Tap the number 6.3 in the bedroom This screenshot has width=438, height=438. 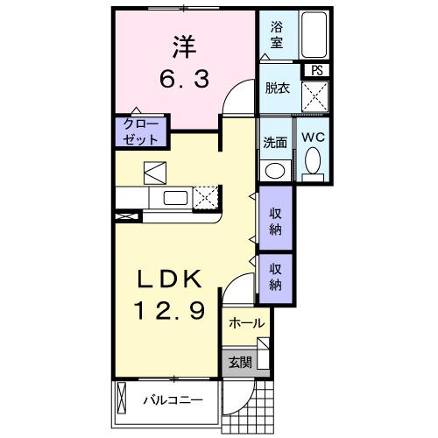click(x=184, y=81)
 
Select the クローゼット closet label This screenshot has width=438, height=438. click(x=140, y=132)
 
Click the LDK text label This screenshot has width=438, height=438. click(x=168, y=279)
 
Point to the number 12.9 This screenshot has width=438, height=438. click(x=168, y=309)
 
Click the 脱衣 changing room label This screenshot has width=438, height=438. click(x=278, y=88)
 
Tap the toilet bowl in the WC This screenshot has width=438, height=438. click(x=312, y=162)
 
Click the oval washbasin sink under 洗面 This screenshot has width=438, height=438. click(x=275, y=170)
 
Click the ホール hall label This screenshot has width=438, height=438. click(x=246, y=323)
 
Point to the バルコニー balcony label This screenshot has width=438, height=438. click(x=173, y=401)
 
